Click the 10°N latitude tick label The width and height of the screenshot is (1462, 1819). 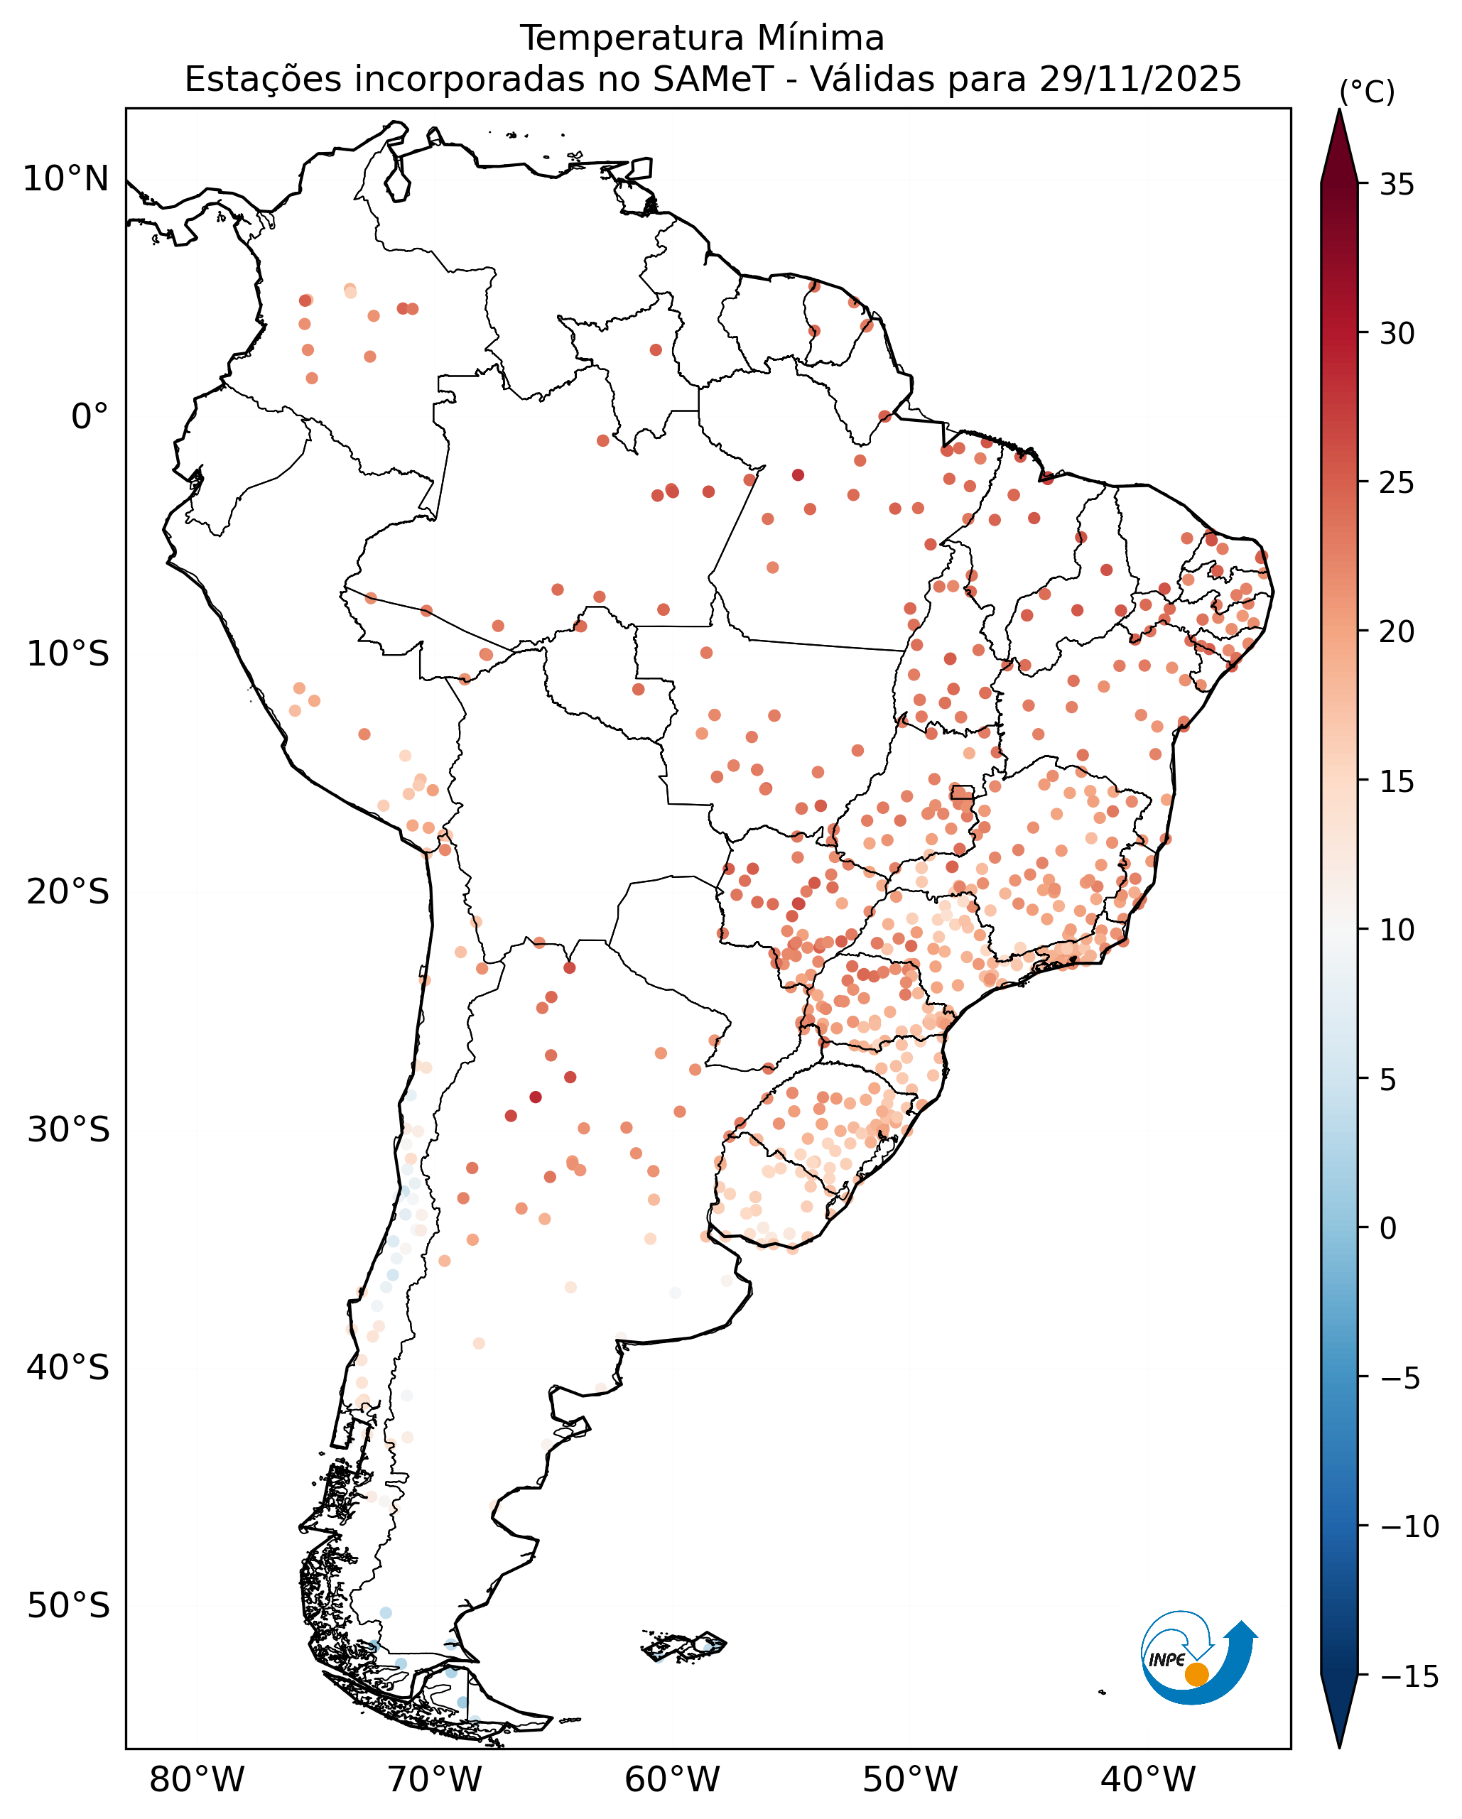pos(66,179)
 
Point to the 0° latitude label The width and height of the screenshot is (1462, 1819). pos(90,417)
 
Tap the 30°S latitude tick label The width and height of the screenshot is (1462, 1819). pos(68,1130)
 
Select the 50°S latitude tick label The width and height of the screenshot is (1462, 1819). pos(68,1605)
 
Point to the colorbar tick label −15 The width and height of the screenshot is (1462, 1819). pos(1409,1676)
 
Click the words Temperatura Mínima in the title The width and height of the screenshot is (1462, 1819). pos(702,39)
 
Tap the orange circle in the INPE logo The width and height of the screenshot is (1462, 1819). pos(1196,1674)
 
